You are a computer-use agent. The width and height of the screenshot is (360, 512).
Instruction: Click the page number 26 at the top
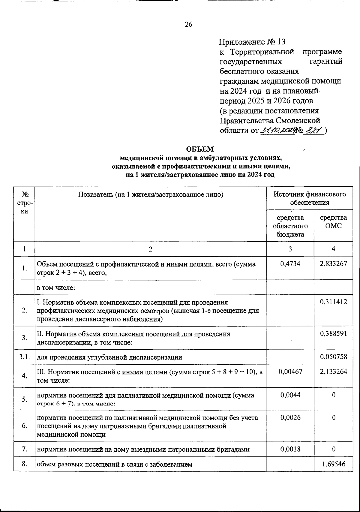(x=188, y=25)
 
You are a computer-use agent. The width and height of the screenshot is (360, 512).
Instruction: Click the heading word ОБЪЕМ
(x=200, y=149)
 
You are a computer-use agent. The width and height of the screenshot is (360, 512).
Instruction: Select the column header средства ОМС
(x=333, y=221)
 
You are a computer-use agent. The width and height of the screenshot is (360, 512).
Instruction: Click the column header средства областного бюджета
(x=290, y=226)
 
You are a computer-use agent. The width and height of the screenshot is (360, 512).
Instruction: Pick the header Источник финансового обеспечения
(x=309, y=198)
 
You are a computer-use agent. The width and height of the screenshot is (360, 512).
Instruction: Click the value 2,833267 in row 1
(x=333, y=264)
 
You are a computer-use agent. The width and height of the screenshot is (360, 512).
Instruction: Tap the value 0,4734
(x=290, y=264)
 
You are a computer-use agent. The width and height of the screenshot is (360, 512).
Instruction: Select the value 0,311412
(x=333, y=302)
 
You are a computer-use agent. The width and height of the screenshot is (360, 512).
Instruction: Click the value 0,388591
(x=333, y=333)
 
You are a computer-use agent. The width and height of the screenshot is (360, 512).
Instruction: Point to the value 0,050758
(x=333, y=357)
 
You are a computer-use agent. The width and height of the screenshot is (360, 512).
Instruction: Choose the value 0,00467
(x=290, y=372)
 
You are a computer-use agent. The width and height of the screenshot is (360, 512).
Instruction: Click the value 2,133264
(x=333, y=372)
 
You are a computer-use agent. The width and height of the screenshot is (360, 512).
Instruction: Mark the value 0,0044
(x=290, y=395)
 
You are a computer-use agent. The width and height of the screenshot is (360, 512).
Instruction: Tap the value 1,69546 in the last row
(x=333, y=464)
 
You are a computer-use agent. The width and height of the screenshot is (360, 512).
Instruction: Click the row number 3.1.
(x=24, y=357)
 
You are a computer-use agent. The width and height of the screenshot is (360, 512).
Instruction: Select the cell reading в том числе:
(x=56, y=288)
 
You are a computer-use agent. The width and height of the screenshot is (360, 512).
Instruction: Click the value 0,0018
(x=290, y=449)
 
